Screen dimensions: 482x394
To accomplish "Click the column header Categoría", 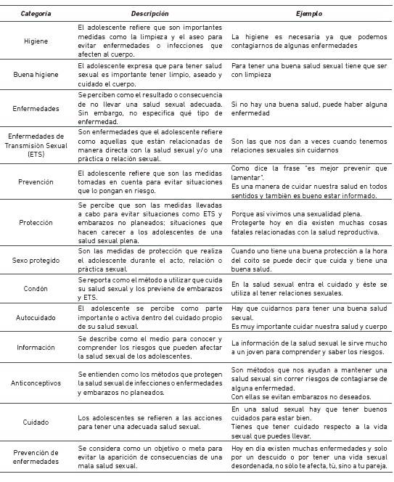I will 36,14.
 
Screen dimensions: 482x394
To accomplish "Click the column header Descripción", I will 150,14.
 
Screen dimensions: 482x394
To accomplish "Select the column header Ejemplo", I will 310,14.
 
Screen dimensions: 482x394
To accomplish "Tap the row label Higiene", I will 36,41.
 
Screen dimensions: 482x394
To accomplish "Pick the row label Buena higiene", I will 36,74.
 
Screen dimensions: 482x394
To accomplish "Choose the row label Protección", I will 36,223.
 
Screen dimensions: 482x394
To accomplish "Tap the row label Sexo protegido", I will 36,260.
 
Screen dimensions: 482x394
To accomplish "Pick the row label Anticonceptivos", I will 36,383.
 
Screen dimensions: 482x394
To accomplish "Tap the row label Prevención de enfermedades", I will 36,459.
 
